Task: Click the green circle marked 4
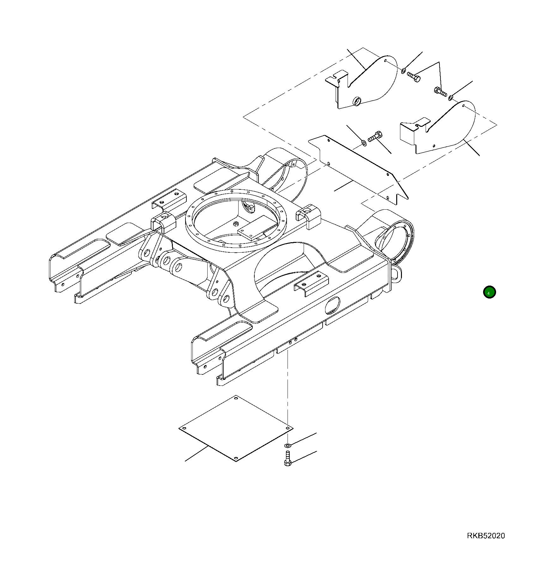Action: point(489,292)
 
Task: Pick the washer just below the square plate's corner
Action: point(287,445)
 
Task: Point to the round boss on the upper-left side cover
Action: point(357,102)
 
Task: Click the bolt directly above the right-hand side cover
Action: point(440,92)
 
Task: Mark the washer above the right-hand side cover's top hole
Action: point(451,97)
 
